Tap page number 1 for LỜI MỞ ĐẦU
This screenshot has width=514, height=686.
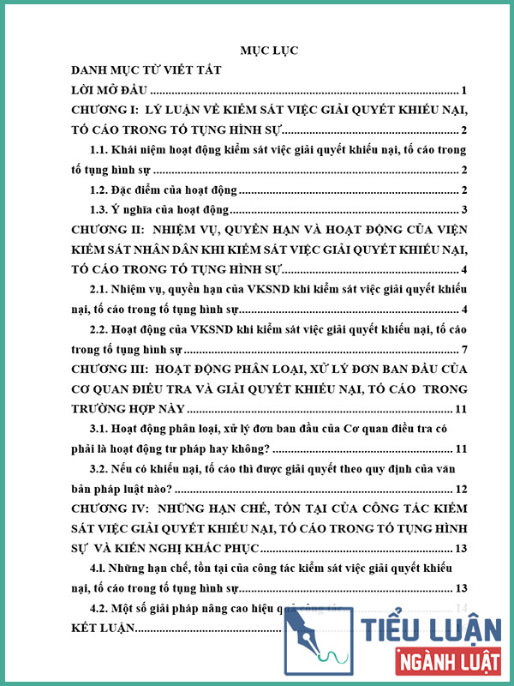coord(463,90)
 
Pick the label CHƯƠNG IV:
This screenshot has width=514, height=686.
coord(106,509)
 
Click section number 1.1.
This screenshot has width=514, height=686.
coord(102,149)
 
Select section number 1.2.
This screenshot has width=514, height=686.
coord(102,190)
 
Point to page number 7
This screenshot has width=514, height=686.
coord(463,351)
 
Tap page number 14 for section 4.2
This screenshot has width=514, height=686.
coord(460,609)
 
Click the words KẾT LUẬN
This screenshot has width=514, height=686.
coord(103,629)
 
